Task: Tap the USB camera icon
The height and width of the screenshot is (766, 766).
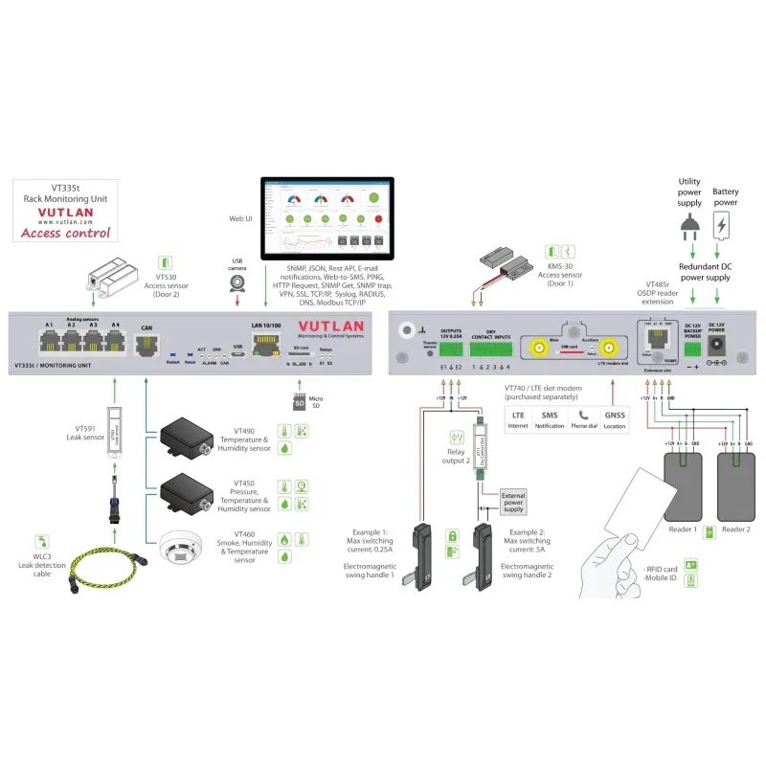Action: pos(237,284)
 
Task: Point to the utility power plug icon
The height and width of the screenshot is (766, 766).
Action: pos(689,227)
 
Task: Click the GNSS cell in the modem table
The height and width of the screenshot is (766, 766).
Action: pos(614,420)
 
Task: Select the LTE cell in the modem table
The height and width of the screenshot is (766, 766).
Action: pos(518,420)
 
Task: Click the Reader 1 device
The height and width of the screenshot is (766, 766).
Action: pos(682,488)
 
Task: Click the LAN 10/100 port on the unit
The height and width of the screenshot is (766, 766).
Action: pos(263,342)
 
